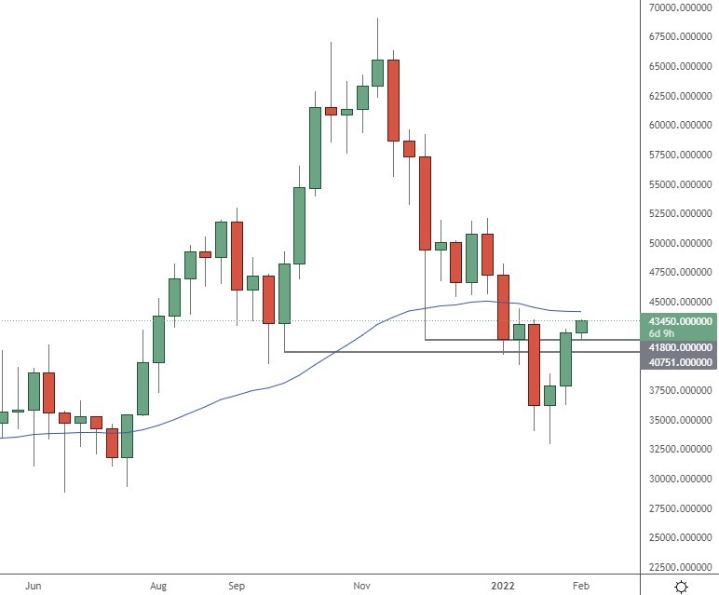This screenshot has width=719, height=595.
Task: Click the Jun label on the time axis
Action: pyautogui.click(x=34, y=586)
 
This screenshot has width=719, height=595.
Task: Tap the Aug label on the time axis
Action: pyautogui.click(x=158, y=586)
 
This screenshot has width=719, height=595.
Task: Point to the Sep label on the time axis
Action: pyautogui.click(x=237, y=586)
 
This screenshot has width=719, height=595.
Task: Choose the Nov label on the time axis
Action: pyautogui.click(x=362, y=586)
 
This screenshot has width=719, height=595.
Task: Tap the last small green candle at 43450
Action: pyautogui.click(x=581, y=326)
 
